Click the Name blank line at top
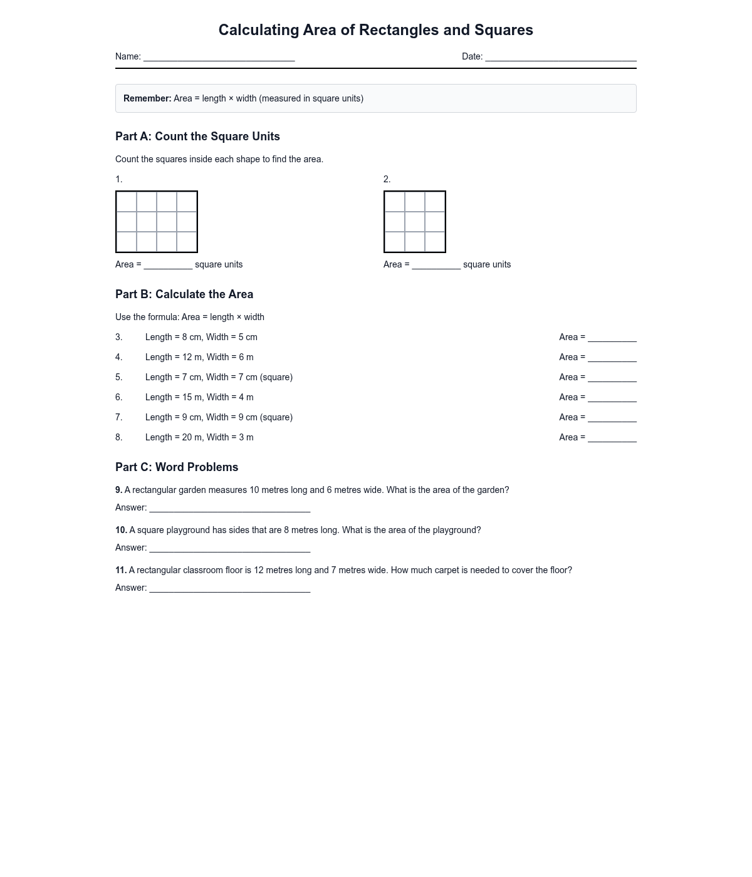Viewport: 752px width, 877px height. pyautogui.click(x=219, y=58)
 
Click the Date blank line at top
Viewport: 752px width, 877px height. pyautogui.click(x=560, y=58)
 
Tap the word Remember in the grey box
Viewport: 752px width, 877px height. pyautogui.click(x=147, y=98)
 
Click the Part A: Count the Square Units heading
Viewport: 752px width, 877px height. pyautogui.click(x=197, y=137)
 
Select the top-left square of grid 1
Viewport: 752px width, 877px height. pyautogui.click(x=127, y=202)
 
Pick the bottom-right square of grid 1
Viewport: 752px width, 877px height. pyautogui.click(x=187, y=242)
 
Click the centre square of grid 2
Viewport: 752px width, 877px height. pyautogui.click(x=415, y=222)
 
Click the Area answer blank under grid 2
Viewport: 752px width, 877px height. pyautogui.click(x=436, y=266)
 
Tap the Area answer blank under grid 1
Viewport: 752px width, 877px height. pyautogui.click(x=168, y=266)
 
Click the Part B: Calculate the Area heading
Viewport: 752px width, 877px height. pyautogui.click(x=184, y=294)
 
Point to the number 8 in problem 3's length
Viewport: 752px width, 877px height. pyautogui.click(x=185, y=337)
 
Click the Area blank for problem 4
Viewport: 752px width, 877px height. pyautogui.click(x=612, y=358)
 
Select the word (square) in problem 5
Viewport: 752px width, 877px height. pyautogui.click(x=276, y=377)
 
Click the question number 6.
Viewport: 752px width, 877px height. pyautogui.click(x=118, y=397)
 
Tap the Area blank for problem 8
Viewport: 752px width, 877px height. pyautogui.click(x=612, y=438)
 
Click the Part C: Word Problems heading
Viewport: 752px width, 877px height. pyautogui.click(x=177, y=467)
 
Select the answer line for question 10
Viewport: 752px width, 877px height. pyautogui.click(x=229, y=549)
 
